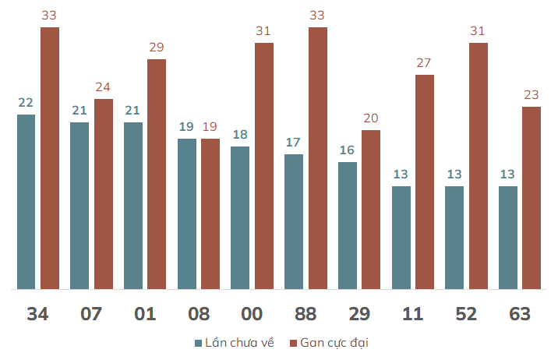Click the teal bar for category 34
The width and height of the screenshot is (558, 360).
coord(26,202)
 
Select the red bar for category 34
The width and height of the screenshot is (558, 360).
coord(50,158)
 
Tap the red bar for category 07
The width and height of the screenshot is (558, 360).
coord(104,194)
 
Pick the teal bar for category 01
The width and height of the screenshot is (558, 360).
coord(133,206)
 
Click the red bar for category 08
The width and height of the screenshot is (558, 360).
coord(210,214)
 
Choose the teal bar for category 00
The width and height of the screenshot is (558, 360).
coord(240,217)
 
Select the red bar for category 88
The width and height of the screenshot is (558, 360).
coord(318,158)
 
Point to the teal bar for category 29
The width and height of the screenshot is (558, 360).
coord(348,225)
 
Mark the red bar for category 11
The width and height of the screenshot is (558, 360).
coord(425,182)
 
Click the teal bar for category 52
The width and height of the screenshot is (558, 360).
coord(454,238)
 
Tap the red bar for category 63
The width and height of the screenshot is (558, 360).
coord(532,198)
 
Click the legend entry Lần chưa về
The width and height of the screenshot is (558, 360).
coord(235,343)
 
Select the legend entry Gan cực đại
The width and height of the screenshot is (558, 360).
coord(329,343)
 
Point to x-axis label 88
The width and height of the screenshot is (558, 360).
coord(305,314)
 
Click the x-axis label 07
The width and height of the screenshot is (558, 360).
coord(91,314)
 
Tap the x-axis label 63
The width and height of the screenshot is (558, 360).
coord(520,314)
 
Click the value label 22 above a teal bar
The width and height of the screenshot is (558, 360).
coord(26,102)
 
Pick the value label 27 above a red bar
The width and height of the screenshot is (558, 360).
coord(424,62)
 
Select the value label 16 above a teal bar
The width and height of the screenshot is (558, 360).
coord(347,150)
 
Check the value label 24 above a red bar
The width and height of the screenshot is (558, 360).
coord(103,86)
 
